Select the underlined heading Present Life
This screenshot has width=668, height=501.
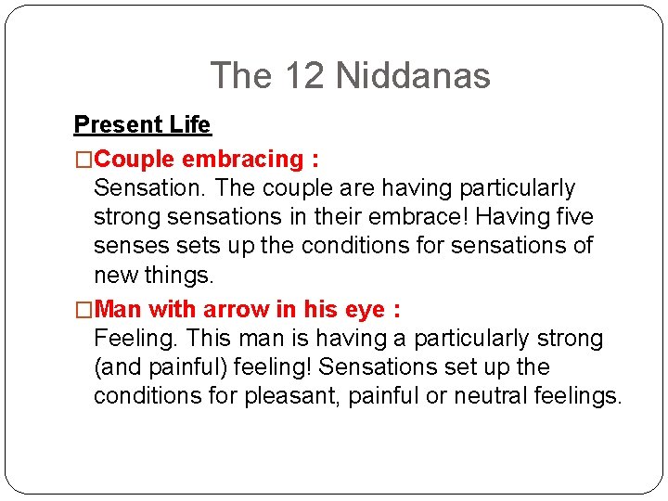tap(142, 124)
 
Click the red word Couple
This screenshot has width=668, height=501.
tap(135, 160)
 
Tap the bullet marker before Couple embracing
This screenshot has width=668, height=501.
tap(83, 160)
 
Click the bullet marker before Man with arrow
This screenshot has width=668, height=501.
tap(83, 308)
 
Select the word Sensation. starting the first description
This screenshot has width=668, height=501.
tap(149, 188)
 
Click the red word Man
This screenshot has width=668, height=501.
tap(118, 308)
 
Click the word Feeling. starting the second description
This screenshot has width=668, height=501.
tap(137, 338)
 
